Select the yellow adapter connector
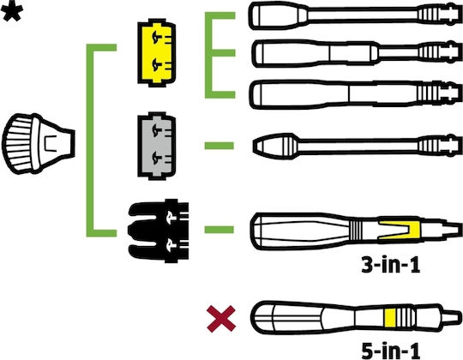point(157,53)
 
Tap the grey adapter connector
point(157,146)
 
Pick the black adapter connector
point(159,231)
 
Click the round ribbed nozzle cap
point(39,143)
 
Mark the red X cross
point(221,319)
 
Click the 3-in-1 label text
point(391,265)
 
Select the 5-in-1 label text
point(391,351)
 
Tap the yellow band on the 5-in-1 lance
point(390,318)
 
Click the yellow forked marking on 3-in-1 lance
point(400,231)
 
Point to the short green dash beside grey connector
point(219,146)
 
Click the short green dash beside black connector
point(219,229)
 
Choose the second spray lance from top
point(357,53)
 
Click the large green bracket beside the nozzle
point(90,141)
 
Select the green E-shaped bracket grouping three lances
point(208,55)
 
